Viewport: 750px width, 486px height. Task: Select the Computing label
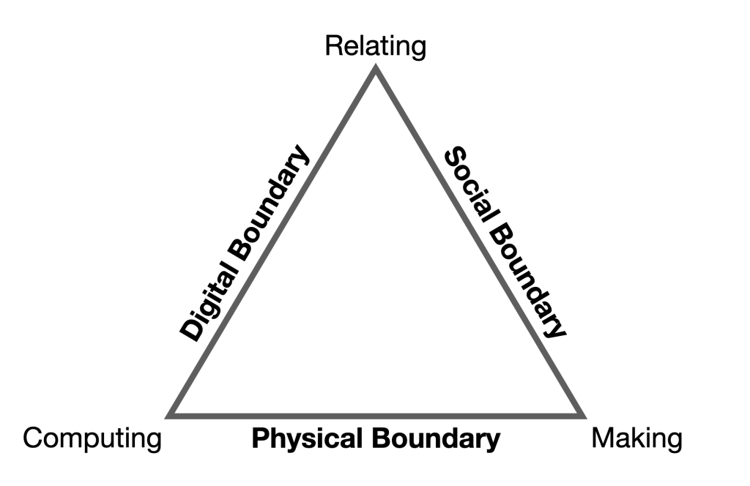click(x=92, y=439)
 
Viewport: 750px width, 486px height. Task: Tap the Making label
click(x=636, y=439)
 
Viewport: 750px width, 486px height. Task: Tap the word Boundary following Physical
click(x=435, y=439)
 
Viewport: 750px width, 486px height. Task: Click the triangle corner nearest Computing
click(x=171, y=415)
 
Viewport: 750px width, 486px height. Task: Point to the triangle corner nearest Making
click(x=582, y=415)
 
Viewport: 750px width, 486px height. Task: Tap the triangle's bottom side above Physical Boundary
click(x=376, y=414)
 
